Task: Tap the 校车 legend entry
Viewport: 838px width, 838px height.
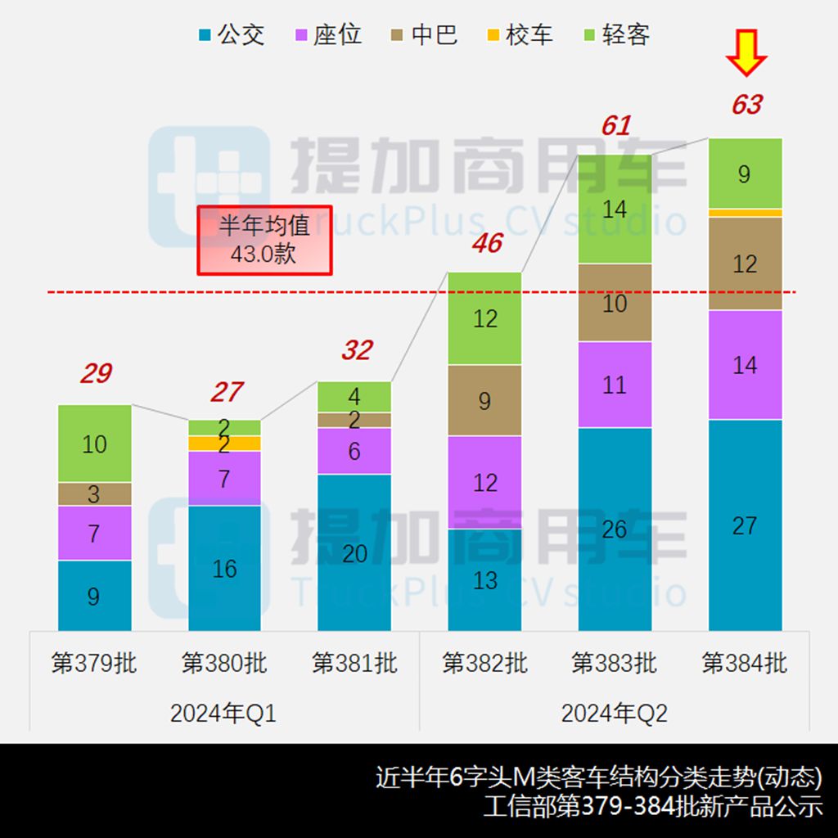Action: pyautogui.click(x=519, y=35)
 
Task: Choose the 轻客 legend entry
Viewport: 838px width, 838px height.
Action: pyautogui.click(x=615, y=35)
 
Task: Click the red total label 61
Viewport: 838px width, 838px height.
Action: pyautogui.click(x=615, y=126)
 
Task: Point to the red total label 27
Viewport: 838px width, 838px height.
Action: pyautogui.click(x=226, y=393)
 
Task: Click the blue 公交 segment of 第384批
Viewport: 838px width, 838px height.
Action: pyautogui.click(x=745, y=525)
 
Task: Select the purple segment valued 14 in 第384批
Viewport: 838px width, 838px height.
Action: pyautogui.click(x=745, y=365)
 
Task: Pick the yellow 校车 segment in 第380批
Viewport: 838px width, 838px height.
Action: pyautogui.click(x=224, y=444)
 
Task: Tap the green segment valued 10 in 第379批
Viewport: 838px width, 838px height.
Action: pyautogui.click(x=95, y=444)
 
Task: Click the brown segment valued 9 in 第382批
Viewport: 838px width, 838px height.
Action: pyautogui.click(x=484, y=400)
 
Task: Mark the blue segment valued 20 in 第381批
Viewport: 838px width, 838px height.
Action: pyautogui.click(x=354, y=552)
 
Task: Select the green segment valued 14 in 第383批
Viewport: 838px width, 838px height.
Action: pyautogui.click(x=615, y=209)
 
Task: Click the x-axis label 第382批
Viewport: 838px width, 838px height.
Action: pyautogui.click(x=484, y=663)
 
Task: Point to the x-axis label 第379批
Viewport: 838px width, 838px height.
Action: pyautogui.click(x=94, y=663)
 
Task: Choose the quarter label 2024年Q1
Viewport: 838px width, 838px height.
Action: pyautogui.click(x=223, y=714)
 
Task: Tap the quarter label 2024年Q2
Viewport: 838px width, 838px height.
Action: pyautogui.click(x=614, y=714)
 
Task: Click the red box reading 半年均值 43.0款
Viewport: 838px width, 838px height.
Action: pyautogui.click(x=264, y=240)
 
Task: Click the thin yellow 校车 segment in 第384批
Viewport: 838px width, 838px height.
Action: pyautogui.click(x=745, y=213)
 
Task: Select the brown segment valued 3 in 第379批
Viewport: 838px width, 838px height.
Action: pyautogui.click(x=95, y=494)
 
